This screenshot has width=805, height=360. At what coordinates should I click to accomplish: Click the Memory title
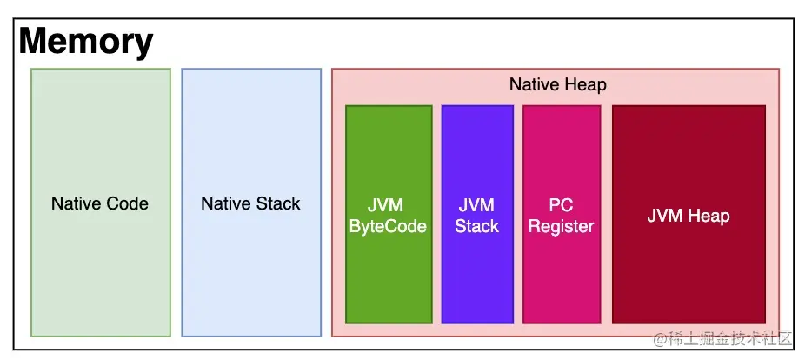tap(86, 42)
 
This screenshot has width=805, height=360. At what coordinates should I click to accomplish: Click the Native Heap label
tap(557, 84)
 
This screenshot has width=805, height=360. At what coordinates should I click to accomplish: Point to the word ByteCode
tap(388, 227)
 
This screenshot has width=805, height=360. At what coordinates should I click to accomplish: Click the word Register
tap(561, 227)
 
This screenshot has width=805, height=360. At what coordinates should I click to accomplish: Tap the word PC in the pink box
tap(561, 206)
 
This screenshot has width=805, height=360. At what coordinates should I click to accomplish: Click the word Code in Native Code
tap(127, 204)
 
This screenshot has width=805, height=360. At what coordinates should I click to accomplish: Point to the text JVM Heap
tap(689, 216)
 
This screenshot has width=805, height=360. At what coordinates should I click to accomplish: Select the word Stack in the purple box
tap(476, 227)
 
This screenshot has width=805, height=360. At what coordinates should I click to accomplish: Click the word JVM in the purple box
tap(476, 206)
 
